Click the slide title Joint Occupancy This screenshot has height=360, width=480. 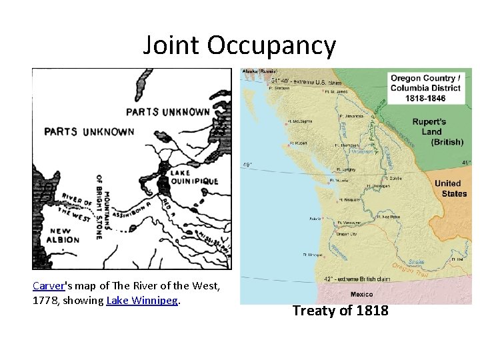pyautogui.click(x=239, y=45)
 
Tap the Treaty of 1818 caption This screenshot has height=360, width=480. pyautogui.click(x=340, y=310)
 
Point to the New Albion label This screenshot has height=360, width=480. pyautogui.click(x=64, y=235)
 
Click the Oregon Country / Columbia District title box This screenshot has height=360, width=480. pyautogui.click(x=425, y=88)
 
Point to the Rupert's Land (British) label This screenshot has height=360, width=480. pyautogui.click(x=437, y=131)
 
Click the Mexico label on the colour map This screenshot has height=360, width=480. pyautogui.click(x=361, y=295)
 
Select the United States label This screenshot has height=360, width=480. pyautogui.click(x=451, y=188)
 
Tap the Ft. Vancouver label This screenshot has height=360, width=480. pyautogui.click(x=351, y=222)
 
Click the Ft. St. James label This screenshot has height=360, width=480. pyautogui.click(x=337, y=91)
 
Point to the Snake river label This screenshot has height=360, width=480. pyautogui.click(x=417, y=262)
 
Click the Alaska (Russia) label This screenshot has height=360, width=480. pyautogui.click(x=259, y=71)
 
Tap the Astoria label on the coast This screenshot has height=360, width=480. pyautogui.click(x=317, y=218)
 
